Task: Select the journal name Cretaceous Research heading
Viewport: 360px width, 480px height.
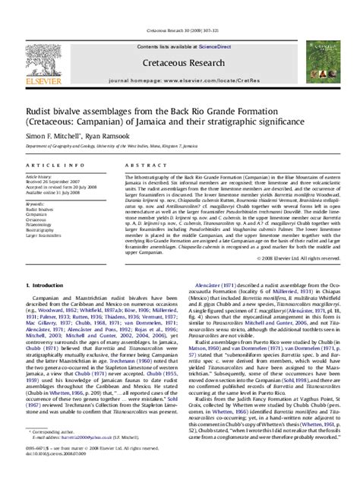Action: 179,40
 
